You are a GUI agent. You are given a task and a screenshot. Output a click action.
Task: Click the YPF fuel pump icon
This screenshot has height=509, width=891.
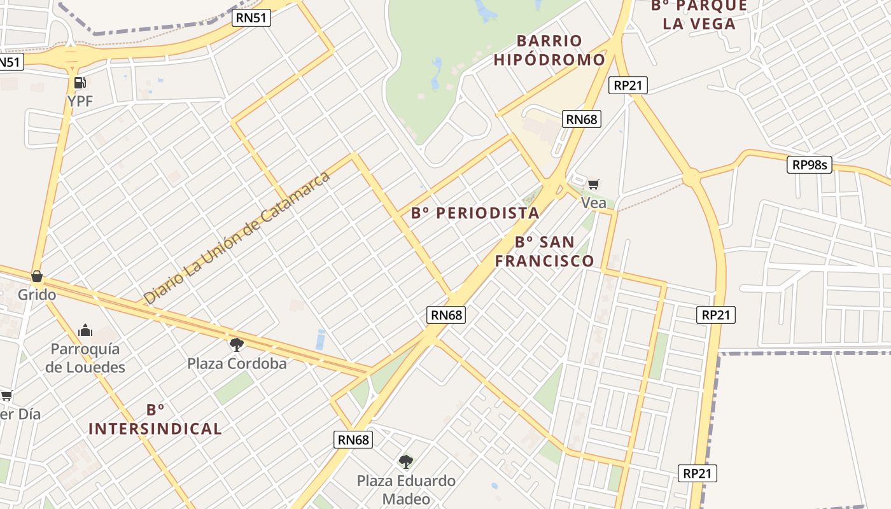tap(80, 82)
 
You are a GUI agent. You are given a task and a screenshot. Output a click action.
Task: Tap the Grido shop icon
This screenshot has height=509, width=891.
tap(37, 276)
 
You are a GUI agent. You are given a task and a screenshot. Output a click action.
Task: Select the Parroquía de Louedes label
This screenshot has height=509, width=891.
tap(85, 358)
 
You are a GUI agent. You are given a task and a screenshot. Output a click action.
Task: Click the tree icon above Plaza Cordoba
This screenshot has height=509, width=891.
tap(237, 345)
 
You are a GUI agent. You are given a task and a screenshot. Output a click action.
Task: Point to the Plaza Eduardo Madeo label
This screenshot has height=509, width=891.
tap(406, 489)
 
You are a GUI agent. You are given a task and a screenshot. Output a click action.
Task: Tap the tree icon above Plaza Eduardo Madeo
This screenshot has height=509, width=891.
tap(406, 461)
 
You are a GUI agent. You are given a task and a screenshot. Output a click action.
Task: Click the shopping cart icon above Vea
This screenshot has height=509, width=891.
tap(593, 185)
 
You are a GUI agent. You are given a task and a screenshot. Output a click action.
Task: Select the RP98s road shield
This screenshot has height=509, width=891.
tap(810, 165)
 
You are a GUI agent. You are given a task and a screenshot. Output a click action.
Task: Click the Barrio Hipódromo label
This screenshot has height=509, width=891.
tap(549, 50)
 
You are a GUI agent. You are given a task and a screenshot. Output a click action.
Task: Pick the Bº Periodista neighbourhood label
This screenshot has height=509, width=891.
tap(475, 213)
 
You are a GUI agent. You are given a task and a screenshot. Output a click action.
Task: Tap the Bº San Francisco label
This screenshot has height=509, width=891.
tap(545, 251)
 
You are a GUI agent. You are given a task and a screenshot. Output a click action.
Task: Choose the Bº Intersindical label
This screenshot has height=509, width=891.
tap(155, 420)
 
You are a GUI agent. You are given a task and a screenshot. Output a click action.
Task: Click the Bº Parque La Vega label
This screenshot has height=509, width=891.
tap(699, 15)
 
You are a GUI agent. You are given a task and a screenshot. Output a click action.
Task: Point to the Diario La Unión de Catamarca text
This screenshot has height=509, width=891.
tap(237, 237)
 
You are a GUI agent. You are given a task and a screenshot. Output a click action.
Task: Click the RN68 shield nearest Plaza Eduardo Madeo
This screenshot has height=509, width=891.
tap(353, 439)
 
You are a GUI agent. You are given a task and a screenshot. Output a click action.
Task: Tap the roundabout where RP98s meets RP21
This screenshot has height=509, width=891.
tap(691, 178)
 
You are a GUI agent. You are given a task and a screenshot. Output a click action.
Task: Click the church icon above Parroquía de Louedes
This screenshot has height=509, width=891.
tap(85, 330)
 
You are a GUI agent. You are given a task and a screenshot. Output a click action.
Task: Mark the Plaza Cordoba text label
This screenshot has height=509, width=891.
tap(237, 364)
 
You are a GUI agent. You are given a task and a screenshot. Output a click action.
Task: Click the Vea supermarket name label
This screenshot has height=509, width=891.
tap(593, 202)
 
